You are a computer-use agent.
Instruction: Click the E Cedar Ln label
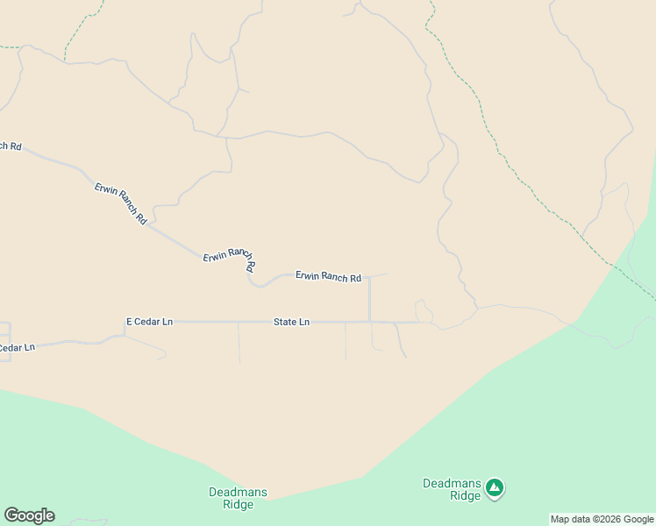click(149, 322)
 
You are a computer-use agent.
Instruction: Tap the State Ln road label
click(291, 322)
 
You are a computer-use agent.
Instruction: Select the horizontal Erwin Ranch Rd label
click(328, 277)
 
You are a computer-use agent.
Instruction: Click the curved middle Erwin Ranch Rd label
click(229, 256)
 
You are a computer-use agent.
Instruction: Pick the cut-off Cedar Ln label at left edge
click(17, 348)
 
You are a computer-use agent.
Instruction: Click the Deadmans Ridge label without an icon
click(238, 498)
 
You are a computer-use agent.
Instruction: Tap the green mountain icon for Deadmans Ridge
click(495, 487)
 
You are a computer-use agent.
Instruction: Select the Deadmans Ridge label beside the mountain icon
click(452, 489)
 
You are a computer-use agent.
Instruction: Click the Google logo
click(29, 515)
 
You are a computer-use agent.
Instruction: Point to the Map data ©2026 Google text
click(602, 520)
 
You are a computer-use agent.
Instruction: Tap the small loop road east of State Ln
click(423, 311)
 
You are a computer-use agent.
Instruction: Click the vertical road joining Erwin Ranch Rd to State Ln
click(370, 298)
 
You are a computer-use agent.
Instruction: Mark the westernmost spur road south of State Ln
click(239, 342)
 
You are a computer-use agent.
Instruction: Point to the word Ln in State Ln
click(303, 322)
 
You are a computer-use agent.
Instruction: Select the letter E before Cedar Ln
click(130, 322)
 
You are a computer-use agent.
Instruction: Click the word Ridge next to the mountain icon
click(465, 496)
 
